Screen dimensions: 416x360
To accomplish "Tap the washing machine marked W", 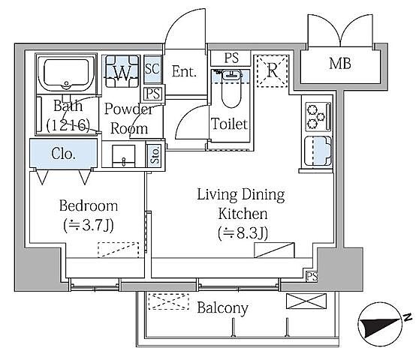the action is point(122,71).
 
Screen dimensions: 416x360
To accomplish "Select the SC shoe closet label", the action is point(152,68).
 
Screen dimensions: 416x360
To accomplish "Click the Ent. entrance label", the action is point(184,71).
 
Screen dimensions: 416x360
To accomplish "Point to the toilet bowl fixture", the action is point(231,89).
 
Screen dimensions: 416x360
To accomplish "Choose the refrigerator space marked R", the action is point(273,70).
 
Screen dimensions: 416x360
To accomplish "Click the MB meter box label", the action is point(340,64).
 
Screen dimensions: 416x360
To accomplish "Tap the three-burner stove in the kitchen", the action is point(318,117).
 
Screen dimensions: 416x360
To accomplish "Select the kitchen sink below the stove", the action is point(318,151).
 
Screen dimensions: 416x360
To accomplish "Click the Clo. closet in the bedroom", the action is point(63,154).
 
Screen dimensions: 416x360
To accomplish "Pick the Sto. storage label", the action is point(155,155).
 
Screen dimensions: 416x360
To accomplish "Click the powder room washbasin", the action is point(123,156).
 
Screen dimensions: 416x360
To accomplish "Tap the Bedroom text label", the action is point(89,205).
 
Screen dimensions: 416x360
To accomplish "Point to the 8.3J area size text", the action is point(243,233).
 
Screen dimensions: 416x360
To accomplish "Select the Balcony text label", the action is point(222,308).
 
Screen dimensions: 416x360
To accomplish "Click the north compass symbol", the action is point(383,324).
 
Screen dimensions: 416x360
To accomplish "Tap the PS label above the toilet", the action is point(231,58).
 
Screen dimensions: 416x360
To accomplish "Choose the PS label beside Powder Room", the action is point(153,94).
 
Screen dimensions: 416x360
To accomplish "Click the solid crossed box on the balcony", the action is point(306,301).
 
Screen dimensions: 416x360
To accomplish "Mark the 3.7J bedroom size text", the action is point(89,226).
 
